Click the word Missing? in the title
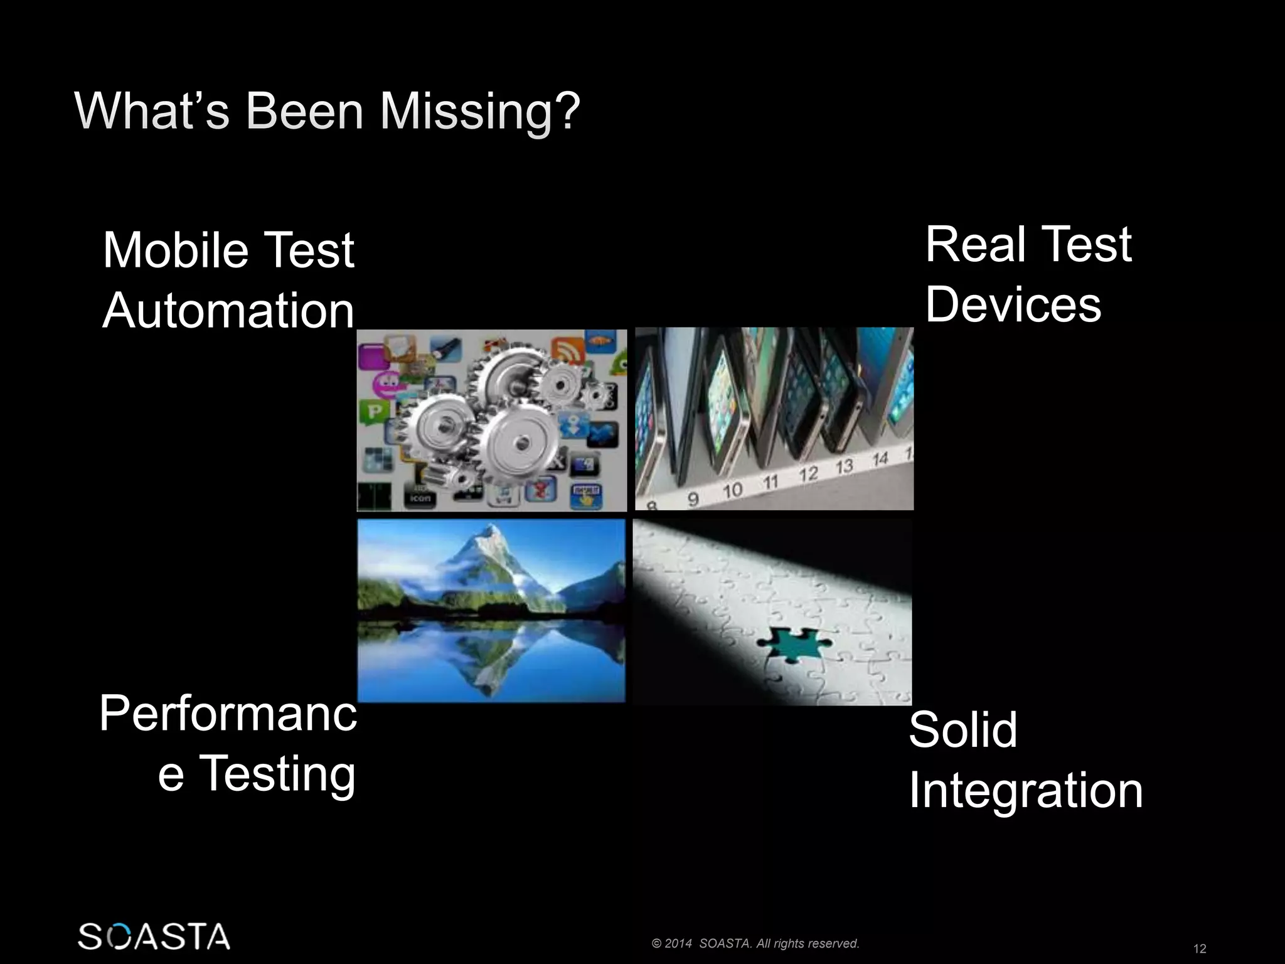[x=480, y=112]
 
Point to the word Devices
[x=1013, y=305]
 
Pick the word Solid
[x=962, y=730]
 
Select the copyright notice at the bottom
[x=755, y=943]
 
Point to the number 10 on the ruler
[x=732, y=490]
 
